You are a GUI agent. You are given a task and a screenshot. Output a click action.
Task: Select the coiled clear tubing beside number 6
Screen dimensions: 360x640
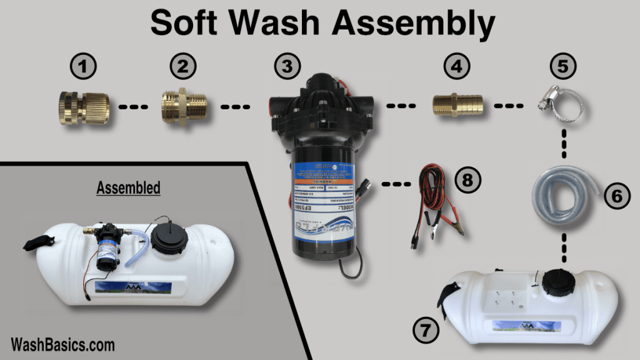tap(561, 194)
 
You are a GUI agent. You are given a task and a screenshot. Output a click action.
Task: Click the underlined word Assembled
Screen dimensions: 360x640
tap(128, 187)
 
